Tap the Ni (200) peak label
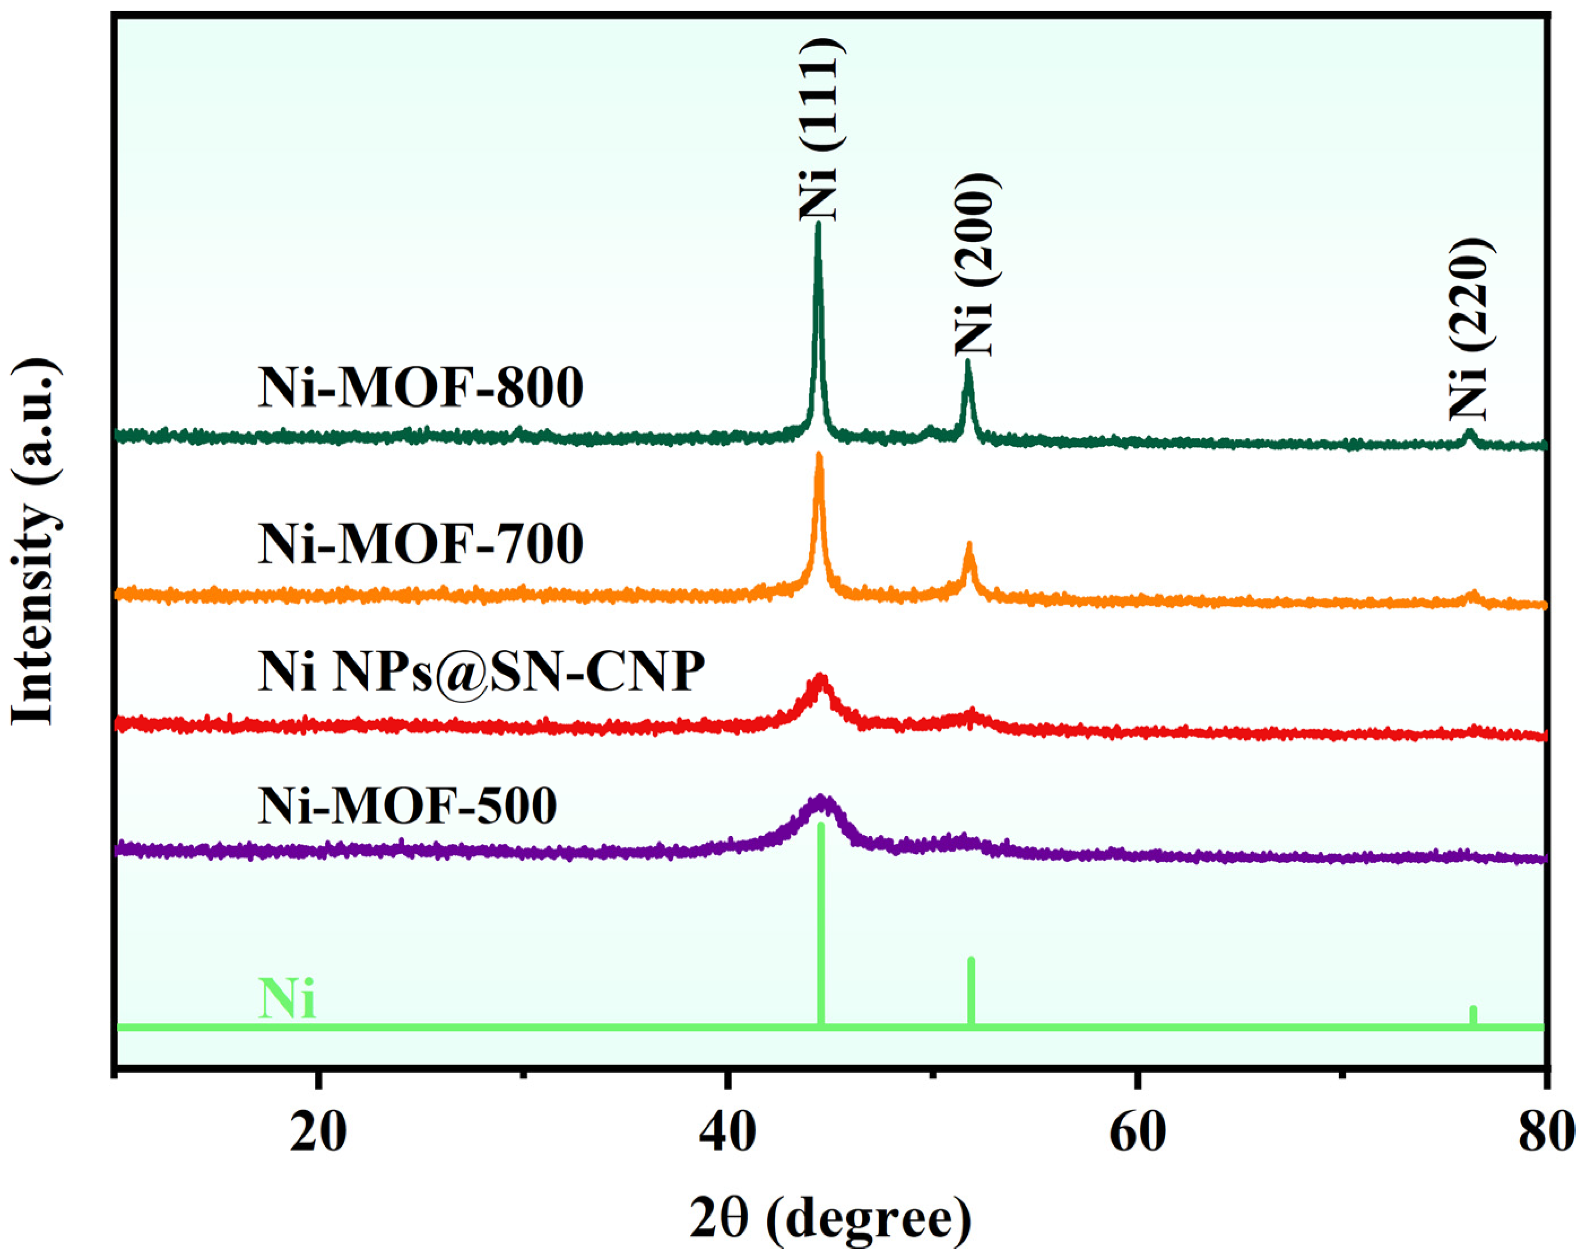pos(974,265)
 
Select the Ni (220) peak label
pos(1469,330)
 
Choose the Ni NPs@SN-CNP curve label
pos(480,671)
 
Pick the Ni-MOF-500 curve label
pos(408,807)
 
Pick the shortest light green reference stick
pos(1473,1016)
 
